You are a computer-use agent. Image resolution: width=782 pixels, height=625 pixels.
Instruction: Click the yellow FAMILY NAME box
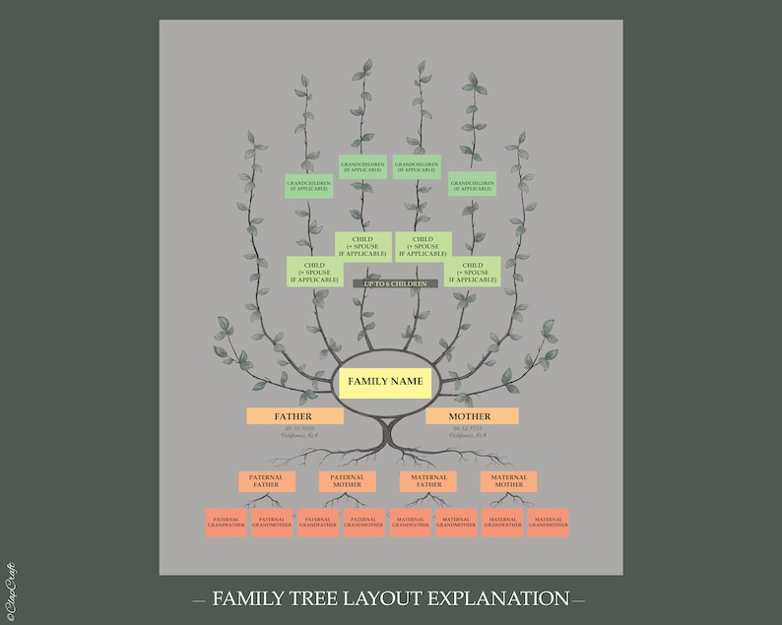tap(385, 382)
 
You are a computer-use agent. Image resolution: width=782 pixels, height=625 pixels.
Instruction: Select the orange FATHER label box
tap(294, 416)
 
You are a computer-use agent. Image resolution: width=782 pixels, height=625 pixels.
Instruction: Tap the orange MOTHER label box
tap(472, 416)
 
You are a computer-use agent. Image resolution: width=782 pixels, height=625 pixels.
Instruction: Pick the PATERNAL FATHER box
tap(266, 481)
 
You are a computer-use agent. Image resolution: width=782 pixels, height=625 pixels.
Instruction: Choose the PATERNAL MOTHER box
tap(347, 481)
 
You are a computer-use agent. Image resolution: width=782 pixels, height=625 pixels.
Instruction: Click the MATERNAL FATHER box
tap(427, 481)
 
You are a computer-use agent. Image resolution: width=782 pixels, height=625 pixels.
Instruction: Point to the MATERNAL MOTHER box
tap(508, 481)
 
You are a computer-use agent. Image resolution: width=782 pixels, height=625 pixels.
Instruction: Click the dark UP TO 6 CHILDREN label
tap(395, 284)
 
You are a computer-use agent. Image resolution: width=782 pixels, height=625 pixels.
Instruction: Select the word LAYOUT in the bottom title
tap(366, 598)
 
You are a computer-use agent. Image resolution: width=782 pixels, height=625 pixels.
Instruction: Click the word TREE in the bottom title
tap(301, 598)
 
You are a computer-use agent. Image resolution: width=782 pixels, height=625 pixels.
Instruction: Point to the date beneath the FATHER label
tap(294, 429)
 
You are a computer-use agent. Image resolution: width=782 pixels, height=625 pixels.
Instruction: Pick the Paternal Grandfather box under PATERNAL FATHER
tap(226, 523)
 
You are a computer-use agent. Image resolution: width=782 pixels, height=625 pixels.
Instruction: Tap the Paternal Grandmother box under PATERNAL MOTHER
tap(363, 523)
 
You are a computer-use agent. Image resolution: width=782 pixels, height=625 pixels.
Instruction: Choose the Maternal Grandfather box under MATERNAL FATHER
tap(410, 523)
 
